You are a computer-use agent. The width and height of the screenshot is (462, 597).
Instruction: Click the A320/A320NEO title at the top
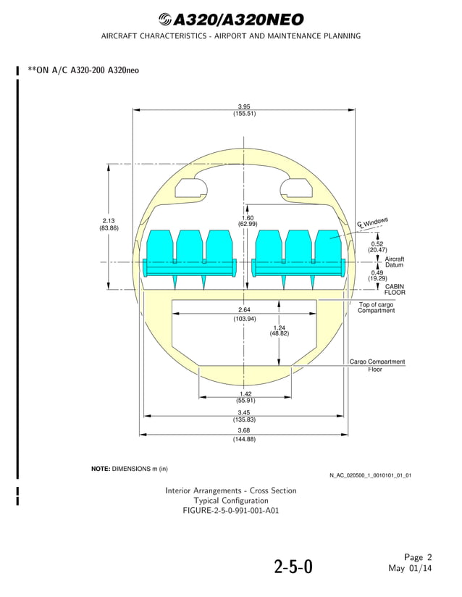click(230, 20)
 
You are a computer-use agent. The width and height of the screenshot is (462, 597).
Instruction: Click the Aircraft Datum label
click(395, 262)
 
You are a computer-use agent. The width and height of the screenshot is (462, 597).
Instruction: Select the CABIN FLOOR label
click(395, 290)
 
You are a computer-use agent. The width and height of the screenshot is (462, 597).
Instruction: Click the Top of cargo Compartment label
click(377, 308)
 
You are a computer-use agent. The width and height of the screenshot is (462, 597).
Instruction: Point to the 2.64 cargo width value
click(244, 310)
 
